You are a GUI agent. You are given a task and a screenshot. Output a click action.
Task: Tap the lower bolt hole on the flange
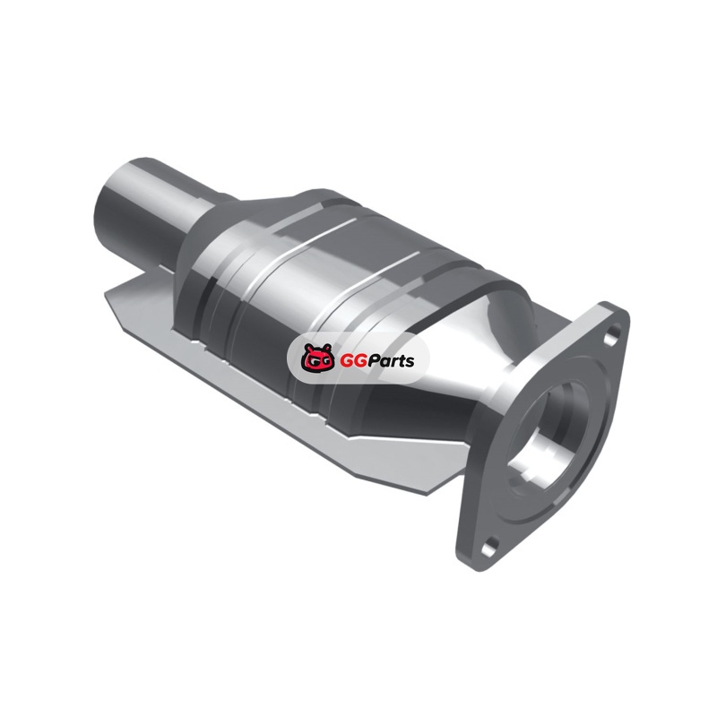(x=490, y=545)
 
